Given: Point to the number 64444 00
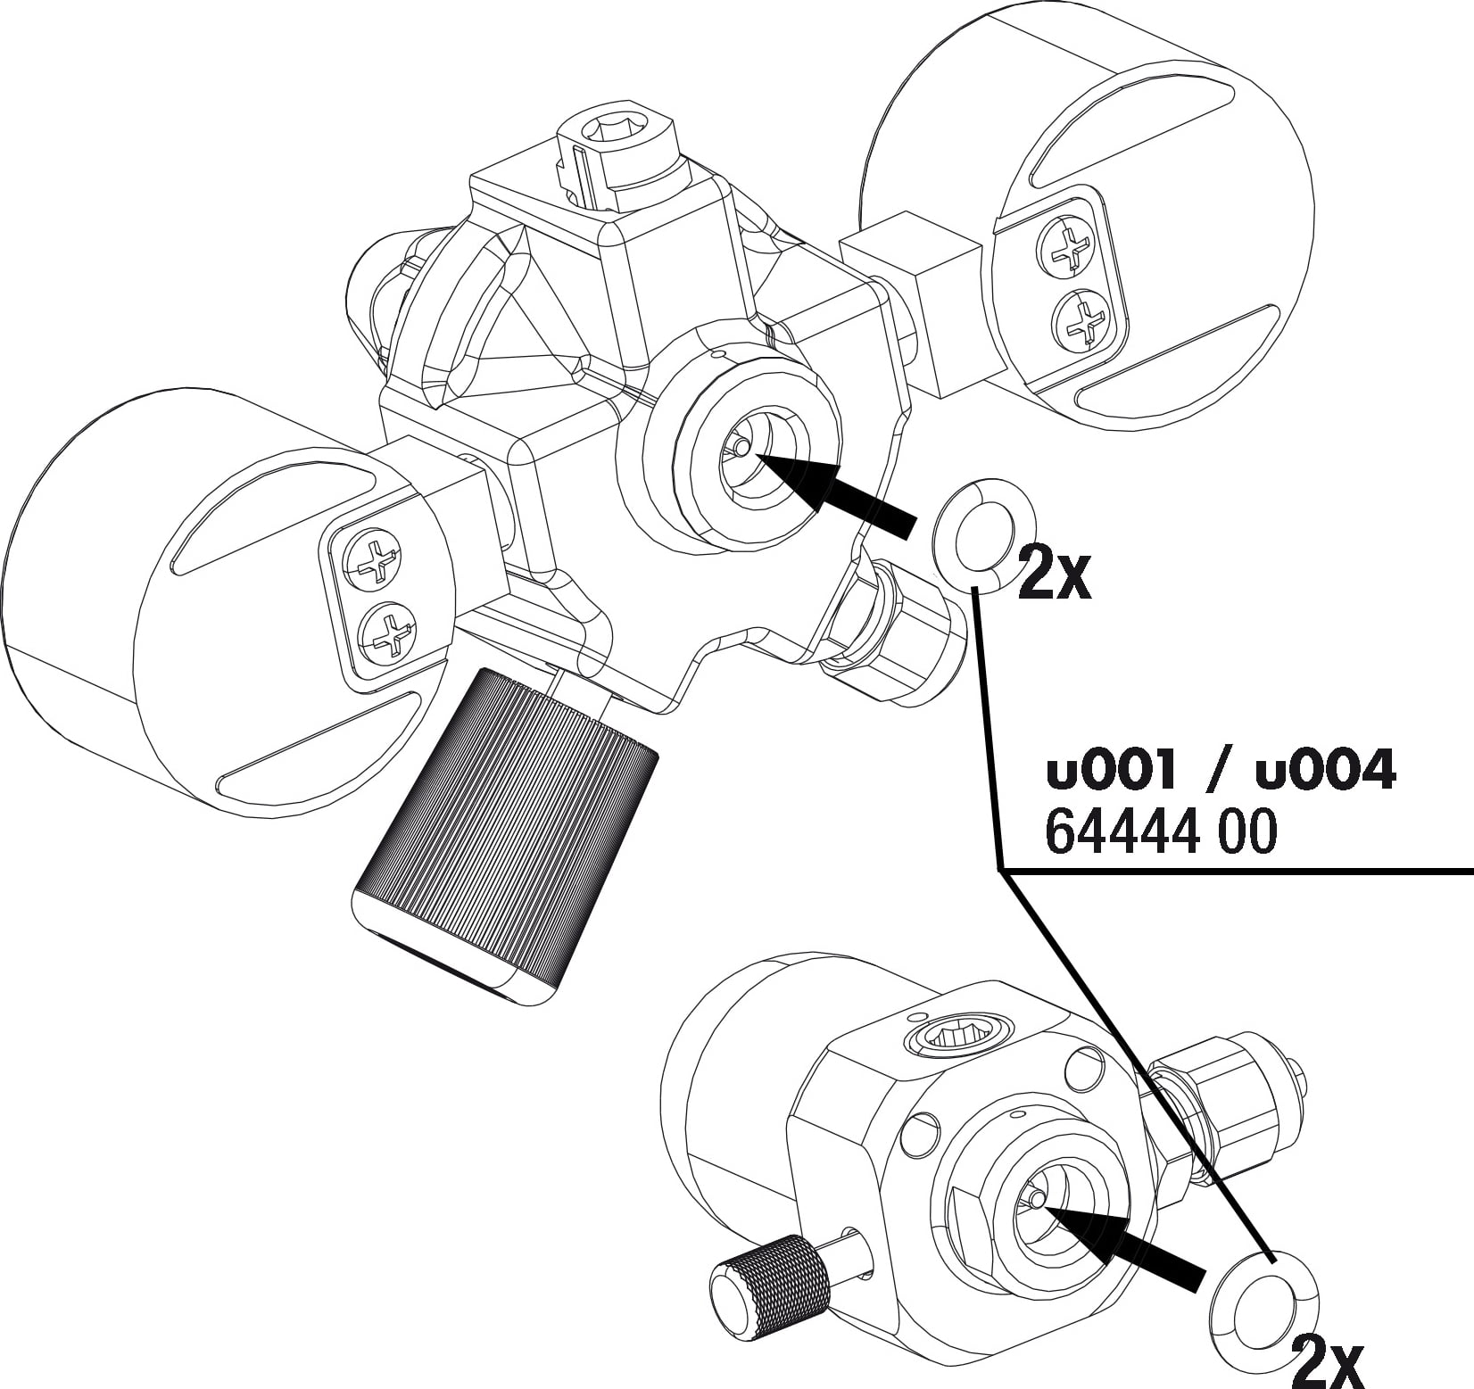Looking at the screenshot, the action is pyautogui.click(x=1161, y=833).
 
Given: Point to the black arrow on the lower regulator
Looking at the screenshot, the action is pyautogui.click(x=1122, y=1246).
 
